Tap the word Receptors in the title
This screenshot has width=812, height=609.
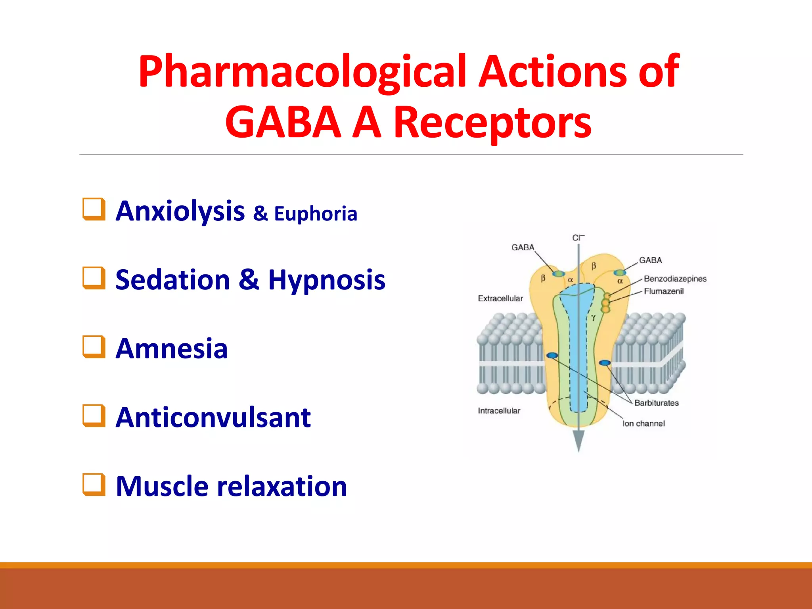pyautogui.click(x=492, y=123)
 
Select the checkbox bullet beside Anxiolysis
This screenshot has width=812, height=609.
pyautogui.click(x=94, y=209)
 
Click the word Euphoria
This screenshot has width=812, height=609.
pyautogui.click(x=316, y=214)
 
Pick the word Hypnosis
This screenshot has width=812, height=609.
pyautogui.click(x=326, y=280)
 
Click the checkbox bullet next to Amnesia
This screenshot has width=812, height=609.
pyautogui.click(x=94, y=347)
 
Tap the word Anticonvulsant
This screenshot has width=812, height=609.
pyautogui.click(x=213, y=417)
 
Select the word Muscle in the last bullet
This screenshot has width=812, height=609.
pyautogui.click(x=162, y=486)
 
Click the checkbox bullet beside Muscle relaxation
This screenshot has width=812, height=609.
pyautogui.click(x=94, y=485)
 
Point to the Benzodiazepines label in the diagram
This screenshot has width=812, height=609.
pyautogui.click(x=675, y=279)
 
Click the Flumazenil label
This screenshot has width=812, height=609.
pyautogui.click(x=664, y=291)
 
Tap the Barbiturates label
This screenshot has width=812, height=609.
pyautogui.click(x=656, y=403)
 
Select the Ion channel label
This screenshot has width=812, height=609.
pyautogui.click(x=643, y=423)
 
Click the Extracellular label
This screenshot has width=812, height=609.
pyautogui.click(x=500, y=299)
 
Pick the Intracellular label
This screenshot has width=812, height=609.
pyautogui.click(x=499, y=411)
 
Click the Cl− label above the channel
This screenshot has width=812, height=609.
pyautogui.click(x=578, y=238)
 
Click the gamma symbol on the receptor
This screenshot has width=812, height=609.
pyautogui.click(x=593, y=317)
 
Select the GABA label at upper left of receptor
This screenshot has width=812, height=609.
pyautogui.click(x=523, y=247)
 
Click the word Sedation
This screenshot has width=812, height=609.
pyautogui.click(x=172, y=280)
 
